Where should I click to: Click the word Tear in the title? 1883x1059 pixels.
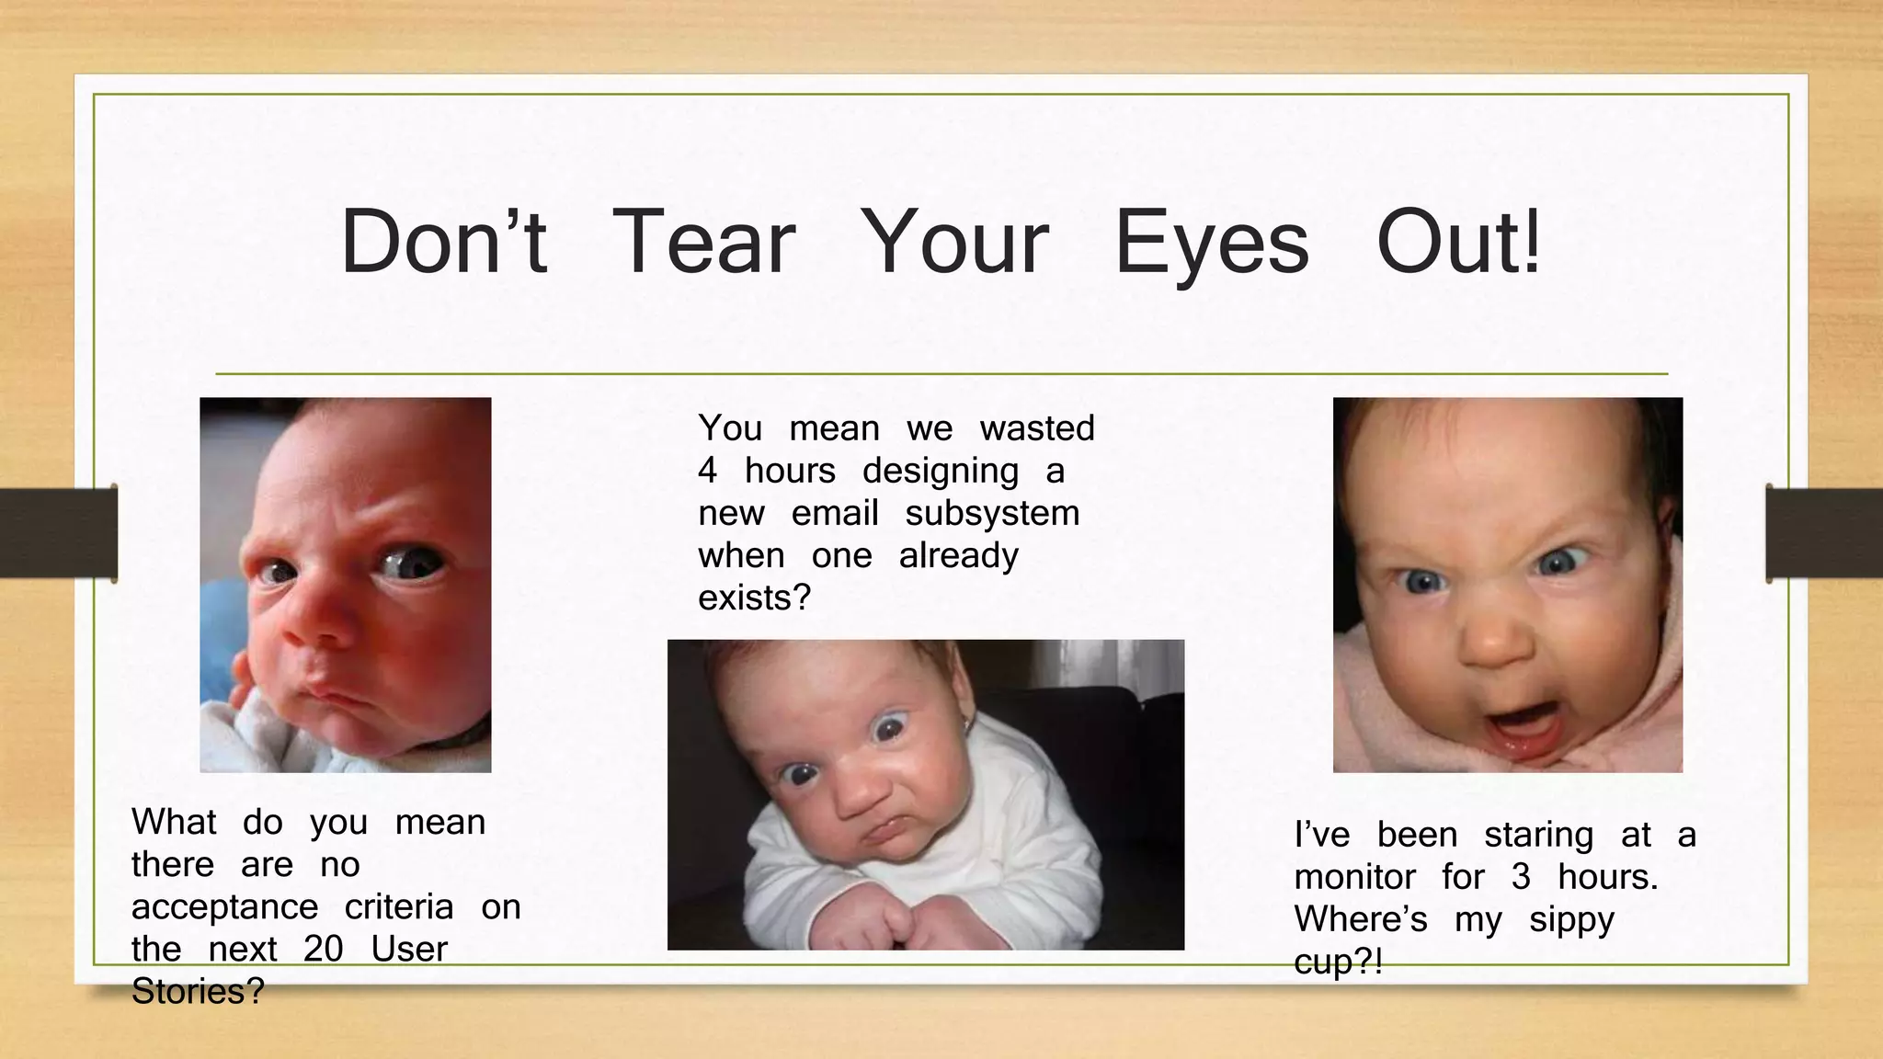click(x=703, y=242)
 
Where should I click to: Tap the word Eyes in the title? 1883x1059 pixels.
click(x=1211, y=244)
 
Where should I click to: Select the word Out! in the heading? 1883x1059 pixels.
click(x=1458, y=242)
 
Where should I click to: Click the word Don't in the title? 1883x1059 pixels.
click(x=444, y=242)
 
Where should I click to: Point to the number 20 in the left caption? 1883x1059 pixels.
click(x=323, y=949)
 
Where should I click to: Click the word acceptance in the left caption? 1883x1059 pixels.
click(x=224, y=907)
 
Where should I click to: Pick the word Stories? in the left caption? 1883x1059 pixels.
click(x=198, y=991)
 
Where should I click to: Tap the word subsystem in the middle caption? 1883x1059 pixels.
click(x=992, y=513)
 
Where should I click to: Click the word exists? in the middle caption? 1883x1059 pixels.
click(x=754, y=598)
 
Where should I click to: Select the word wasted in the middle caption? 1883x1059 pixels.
click(x=1037, y=428)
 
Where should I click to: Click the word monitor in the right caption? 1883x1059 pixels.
click(x=1354, y=877)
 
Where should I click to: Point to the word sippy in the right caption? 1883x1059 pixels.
click(x=1571, y=920)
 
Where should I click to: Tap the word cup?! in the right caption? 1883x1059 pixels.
click(x=1338, y=962)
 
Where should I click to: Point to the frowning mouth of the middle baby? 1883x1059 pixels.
click(x=887, y=830)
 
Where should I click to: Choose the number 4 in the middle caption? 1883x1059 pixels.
click(x=707, y=471)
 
